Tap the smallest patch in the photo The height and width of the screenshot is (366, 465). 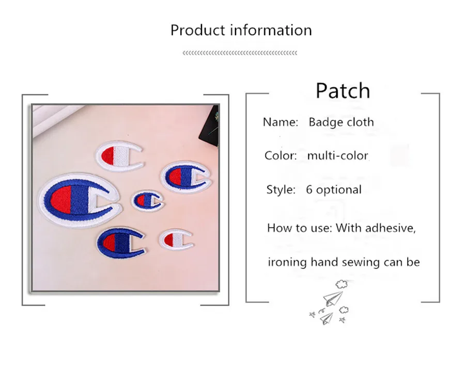click(147, 200)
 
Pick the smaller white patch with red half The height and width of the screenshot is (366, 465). click(176, 240)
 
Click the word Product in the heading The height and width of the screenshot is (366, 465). click(198, 30)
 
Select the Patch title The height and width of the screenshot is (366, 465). click(343, 90)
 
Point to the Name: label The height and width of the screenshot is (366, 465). click(280, 122)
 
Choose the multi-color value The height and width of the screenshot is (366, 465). click(337, 155)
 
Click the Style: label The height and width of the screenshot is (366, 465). click(281, 189)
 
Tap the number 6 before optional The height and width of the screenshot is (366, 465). click(309, 189)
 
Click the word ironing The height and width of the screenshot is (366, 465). click(287, 263)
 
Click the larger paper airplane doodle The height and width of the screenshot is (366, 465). click(333, 298)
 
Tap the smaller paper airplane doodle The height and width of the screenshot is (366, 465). click(327, 319)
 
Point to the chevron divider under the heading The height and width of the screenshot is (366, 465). click(240, 53)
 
